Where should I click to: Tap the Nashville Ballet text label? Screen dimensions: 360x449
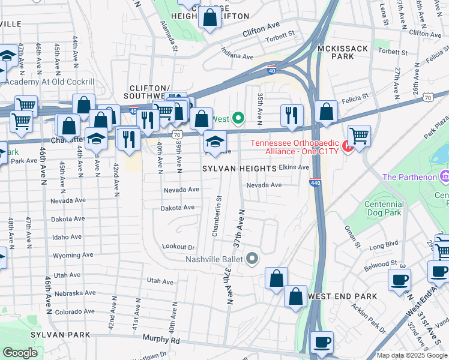[x=213, y=259]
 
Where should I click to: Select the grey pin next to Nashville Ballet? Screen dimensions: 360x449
[x=252, y=259]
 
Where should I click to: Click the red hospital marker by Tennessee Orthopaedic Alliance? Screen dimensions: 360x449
[x=346, y=146]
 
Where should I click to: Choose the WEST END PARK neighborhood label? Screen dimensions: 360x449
[x=342, y=296]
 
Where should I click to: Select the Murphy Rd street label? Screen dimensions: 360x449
[x=161, y=339]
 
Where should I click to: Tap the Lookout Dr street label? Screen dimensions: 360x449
[x=179, y=247]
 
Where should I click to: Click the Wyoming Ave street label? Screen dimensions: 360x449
[x=72, y=256]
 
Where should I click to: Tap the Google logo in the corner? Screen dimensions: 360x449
[x=20, y=353]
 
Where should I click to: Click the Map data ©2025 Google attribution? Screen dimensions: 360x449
[x=411, y=355]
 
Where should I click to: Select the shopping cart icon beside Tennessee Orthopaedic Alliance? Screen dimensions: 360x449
[x=358, y=136]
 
